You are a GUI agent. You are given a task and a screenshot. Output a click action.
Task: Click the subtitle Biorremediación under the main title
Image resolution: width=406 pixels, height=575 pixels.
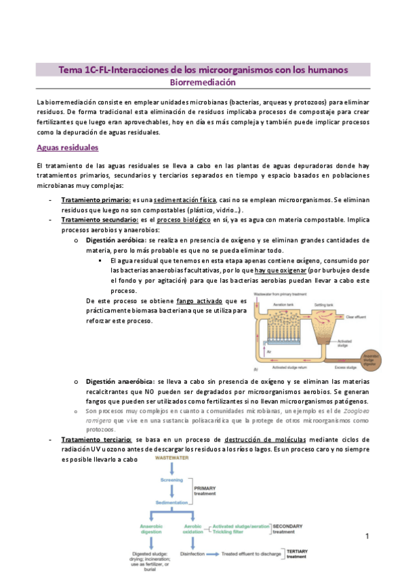[203, 82]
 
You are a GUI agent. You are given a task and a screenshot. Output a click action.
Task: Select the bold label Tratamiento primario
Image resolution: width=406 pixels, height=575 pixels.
[96, 201]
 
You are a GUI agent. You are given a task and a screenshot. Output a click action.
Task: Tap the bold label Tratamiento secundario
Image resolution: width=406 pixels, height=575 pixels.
[100, 220]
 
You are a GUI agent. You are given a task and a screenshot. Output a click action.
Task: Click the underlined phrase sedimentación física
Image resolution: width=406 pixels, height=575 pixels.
[184, 201]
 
